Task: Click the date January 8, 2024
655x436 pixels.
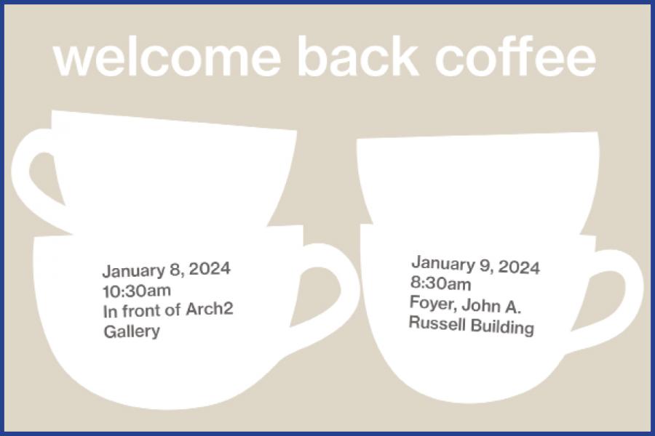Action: pos(166,270)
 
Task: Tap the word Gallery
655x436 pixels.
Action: pos(131,331)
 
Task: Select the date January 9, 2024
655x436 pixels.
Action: pos(475,265)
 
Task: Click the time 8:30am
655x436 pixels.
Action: pos(440,284)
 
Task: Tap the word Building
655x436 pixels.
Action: pos(502,327)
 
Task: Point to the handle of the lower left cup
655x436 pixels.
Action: pos(337,287)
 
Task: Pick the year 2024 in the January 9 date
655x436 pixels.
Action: pos(519,267)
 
